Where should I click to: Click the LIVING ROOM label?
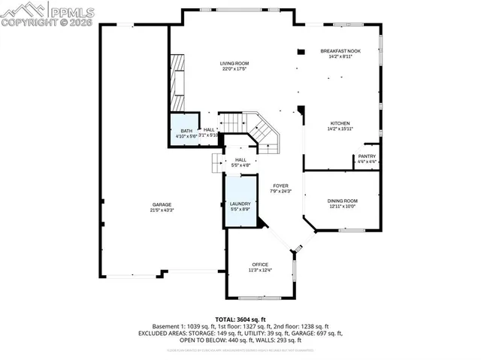[x=234, y=63]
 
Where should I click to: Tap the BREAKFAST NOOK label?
[x=340, y=50]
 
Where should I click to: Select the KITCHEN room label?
[x=340, y=123]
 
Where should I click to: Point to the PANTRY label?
[x=367, y=156]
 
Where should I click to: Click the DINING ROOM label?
[x=342, y=201]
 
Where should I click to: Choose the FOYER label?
[x=280, y=186]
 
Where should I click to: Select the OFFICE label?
[x=260, y=265]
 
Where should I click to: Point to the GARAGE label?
[x=162, y=204]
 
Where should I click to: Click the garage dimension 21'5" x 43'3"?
[x=162, y=210]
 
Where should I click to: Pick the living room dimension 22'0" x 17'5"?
[x=234, y=69]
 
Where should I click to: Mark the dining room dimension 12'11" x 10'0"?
[x=342, y=207]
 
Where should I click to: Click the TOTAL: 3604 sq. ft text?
[x=240, y=319]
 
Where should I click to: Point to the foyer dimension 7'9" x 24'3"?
[x=280, y=192]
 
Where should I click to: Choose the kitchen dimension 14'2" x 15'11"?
[x=340, y=129]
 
